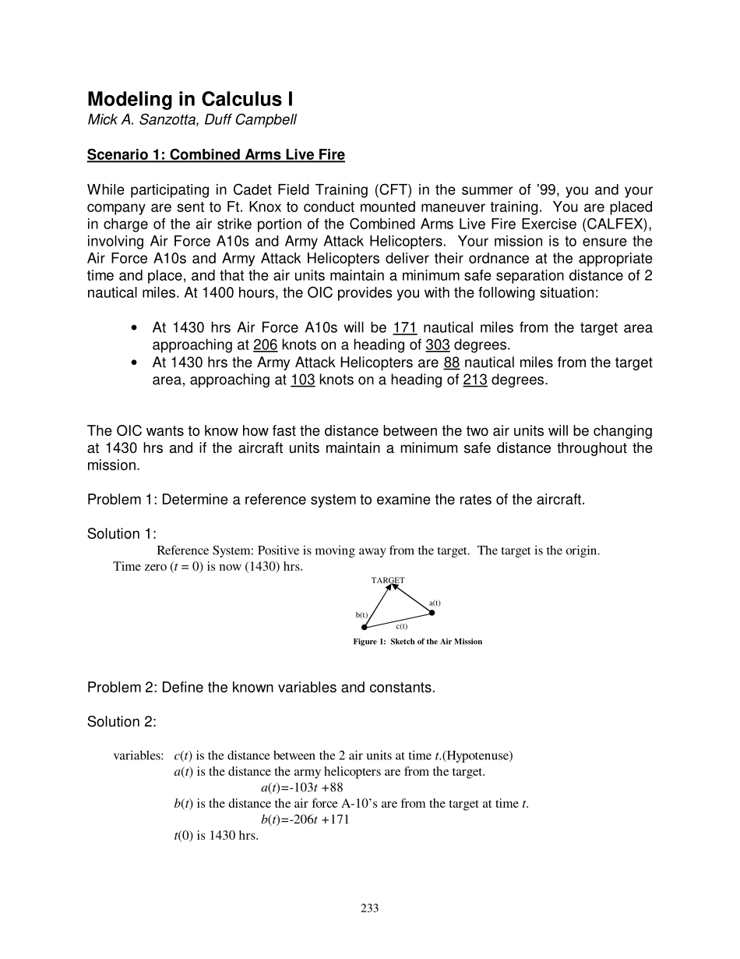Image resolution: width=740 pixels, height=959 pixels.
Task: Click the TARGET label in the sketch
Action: [x=388, y=580]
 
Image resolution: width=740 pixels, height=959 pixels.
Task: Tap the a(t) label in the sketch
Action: [x=435, y=603]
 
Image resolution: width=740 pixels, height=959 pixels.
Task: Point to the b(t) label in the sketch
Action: [x=362, y=614]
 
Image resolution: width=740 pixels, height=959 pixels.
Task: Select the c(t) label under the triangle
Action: [x=401, y=626]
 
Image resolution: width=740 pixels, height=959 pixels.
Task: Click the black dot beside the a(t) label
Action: [x=432, y=613]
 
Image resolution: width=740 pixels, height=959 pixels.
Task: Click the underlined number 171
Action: [x=405, y=328]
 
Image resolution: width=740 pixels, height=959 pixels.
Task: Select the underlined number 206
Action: [x=266, y=345]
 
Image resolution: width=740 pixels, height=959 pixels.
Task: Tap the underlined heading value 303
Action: [x=438, y=345]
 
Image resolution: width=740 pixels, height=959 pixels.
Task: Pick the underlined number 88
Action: [x=452, y=363]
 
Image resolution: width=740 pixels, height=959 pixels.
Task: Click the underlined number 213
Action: [x=474, y=380]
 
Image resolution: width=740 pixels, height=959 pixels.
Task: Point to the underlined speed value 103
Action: [x=302, y=380]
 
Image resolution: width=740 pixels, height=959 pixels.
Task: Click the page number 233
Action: [x=370, y=908]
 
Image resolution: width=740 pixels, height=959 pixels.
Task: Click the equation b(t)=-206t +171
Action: [x=305, y=819]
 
